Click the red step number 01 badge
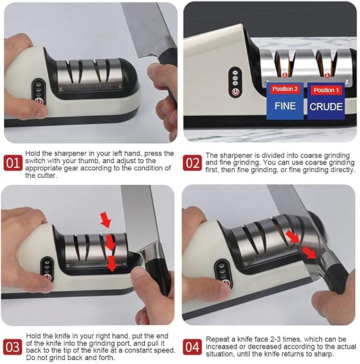13,163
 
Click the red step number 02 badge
192,163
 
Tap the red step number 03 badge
13,347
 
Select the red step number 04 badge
192,347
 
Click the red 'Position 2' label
285,89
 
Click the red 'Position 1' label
326,90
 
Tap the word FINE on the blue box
285,106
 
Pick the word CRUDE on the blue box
326,107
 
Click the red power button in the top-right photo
235,92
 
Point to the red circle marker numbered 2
285,75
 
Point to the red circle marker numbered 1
327,75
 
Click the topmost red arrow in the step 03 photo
106,219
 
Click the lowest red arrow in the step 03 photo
112,264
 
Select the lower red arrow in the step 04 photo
309,253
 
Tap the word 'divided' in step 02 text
274,155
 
